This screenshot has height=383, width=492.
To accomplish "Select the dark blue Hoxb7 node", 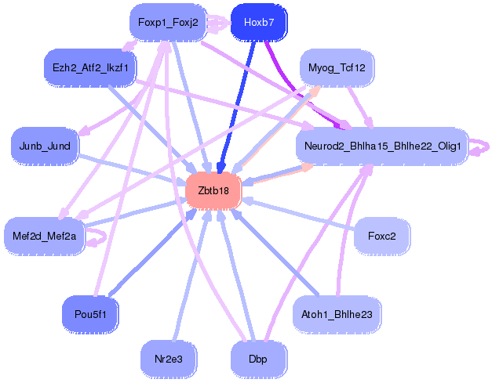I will pyautogui.click(x=258, y=23).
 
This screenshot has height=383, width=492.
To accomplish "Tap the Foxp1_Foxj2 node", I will pyautogui.click(x=167, y=23).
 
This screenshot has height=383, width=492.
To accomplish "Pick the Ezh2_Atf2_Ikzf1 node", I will pyautogui.click(x=90, y=68).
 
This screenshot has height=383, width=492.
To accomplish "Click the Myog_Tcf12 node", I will pyautogui.click(x=337, y=68).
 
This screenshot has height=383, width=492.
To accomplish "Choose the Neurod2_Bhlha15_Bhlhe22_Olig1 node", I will pyautogui.click(x=381, y=146).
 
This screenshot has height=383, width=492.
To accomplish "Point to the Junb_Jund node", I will pyautogui.click(x=45, y=146).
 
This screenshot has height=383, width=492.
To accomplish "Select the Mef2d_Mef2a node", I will pyautogui.click(x=45, y=235).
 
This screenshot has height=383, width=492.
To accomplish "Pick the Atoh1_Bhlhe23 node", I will pyautogui.click(x=337, y=314).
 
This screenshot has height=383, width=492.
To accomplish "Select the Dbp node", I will pyautogui.click(x=258, y=359).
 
